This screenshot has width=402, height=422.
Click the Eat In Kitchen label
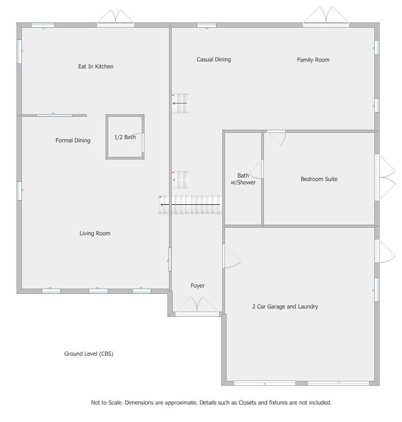pos(96,67)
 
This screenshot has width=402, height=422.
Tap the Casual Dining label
pos(214,59)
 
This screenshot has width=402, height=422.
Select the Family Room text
pos(313,60)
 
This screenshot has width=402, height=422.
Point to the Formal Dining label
pos(73,140)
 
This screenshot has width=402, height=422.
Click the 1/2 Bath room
pos(125,137)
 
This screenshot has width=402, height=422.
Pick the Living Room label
pos(95,233)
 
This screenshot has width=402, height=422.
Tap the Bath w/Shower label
pos(243,179)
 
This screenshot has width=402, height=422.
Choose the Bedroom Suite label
pos(319,179)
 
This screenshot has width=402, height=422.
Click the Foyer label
pos(197,286)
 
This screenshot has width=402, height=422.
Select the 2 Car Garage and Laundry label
pos(285,307)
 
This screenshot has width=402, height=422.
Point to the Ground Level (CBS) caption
pos(89,354)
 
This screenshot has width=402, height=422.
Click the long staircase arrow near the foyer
pos(190,205)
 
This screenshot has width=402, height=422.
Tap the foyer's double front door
pos(197,306)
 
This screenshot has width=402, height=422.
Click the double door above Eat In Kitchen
pos(116,18)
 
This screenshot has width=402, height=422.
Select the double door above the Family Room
pos(326,17)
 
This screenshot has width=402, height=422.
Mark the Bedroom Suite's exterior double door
pos(385,177)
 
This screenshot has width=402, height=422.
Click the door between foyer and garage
pos(232,256)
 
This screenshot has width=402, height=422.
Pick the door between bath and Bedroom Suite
pos(257,170)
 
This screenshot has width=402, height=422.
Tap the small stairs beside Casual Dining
pos(180,103)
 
